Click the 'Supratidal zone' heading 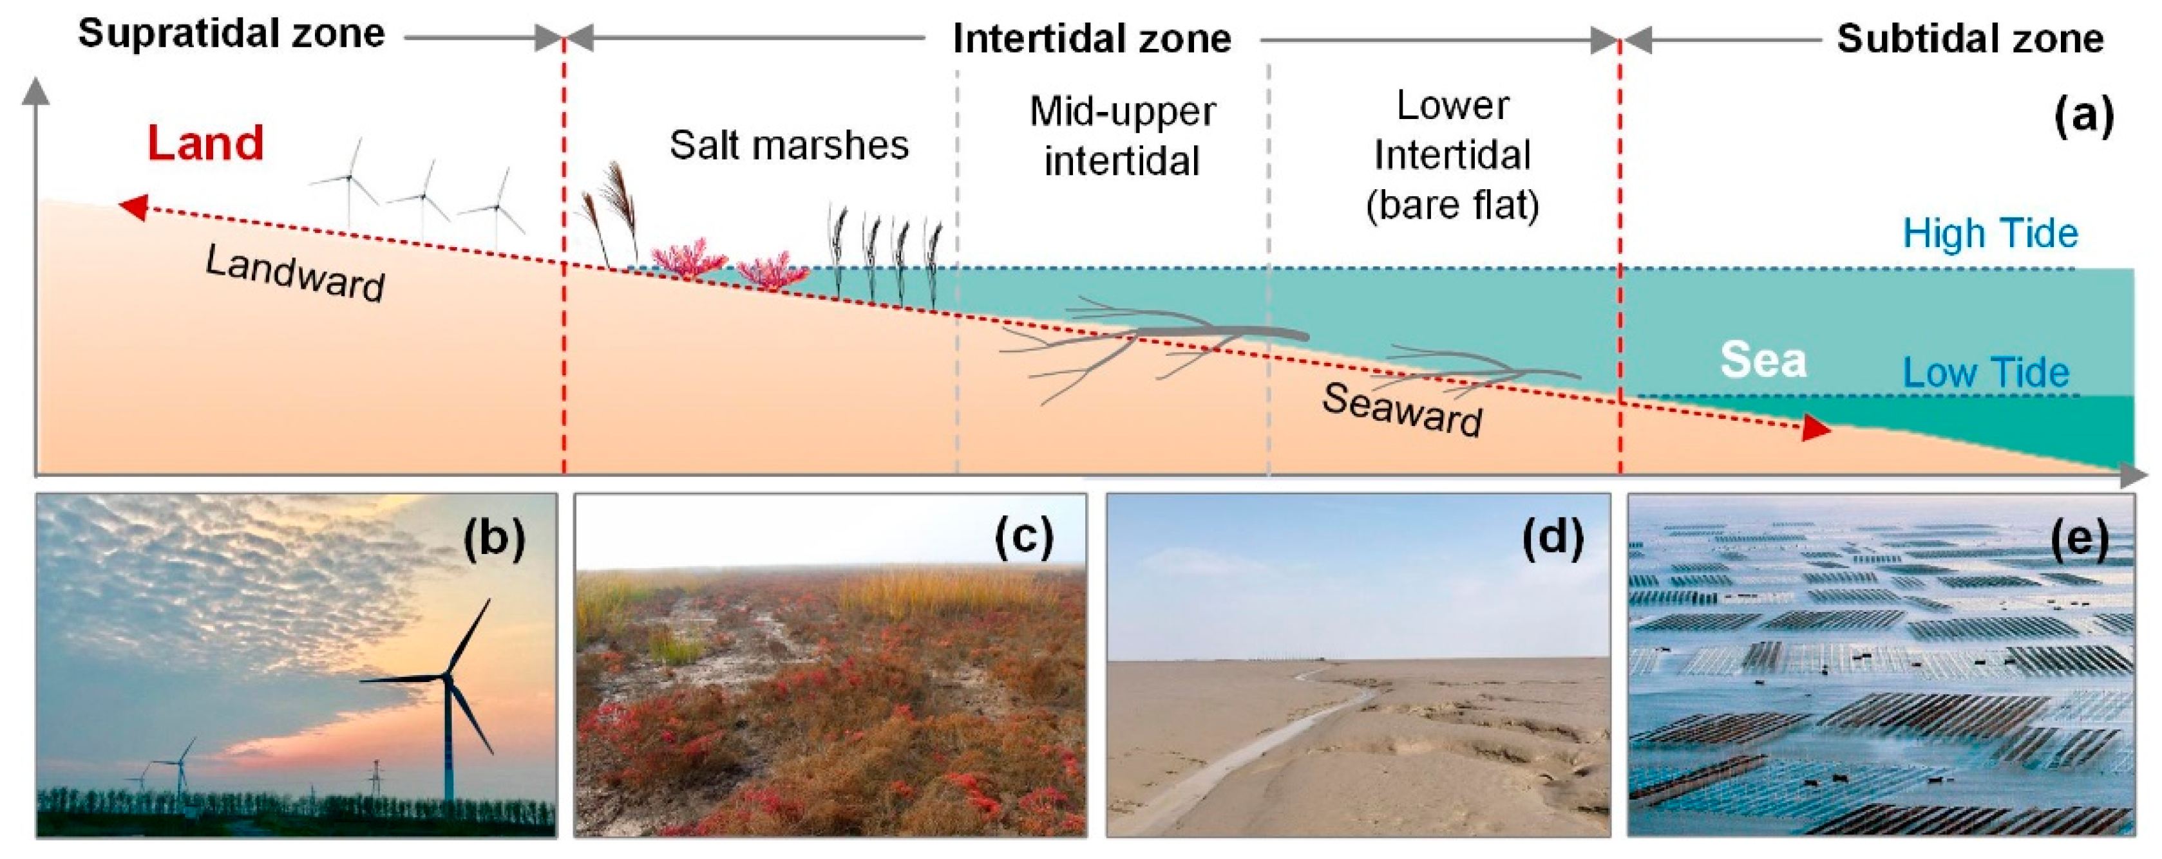click(232, 34)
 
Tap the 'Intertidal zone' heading click(1092, 39)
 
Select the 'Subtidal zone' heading click(1970, 39)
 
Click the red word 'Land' click(205, 143)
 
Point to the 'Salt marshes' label click(789, 145)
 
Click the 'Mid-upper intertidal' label click(1122, 136)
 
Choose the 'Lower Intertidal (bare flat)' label click(1452, 155)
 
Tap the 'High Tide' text click(1990, 233)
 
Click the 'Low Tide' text click(1986, 373)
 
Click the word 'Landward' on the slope click(296, 273)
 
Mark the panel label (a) click(2084, 115)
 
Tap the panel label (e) click(2080, 538)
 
